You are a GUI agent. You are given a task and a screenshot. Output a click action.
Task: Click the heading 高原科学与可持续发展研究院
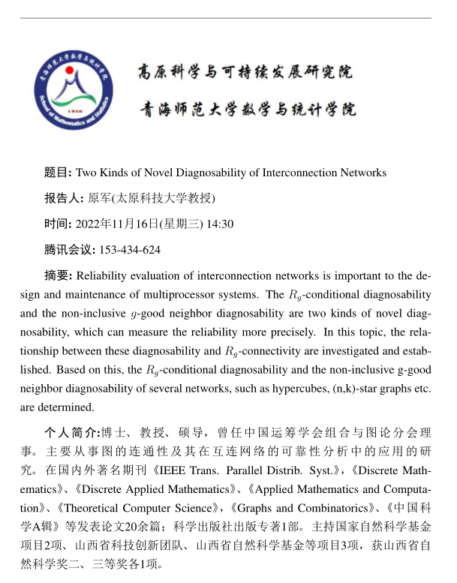click(x=245, y=73)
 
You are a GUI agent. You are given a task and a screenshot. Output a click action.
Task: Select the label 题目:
click(x=59, y=173)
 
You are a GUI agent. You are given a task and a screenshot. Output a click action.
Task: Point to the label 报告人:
click(x=65, y=198)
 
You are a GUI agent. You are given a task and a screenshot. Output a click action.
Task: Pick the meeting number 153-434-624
click(x=130, y=249)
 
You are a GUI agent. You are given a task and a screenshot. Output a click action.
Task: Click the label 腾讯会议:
click(x=70, y=249)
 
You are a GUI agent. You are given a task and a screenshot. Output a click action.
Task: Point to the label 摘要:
click(x=59, y=275)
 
